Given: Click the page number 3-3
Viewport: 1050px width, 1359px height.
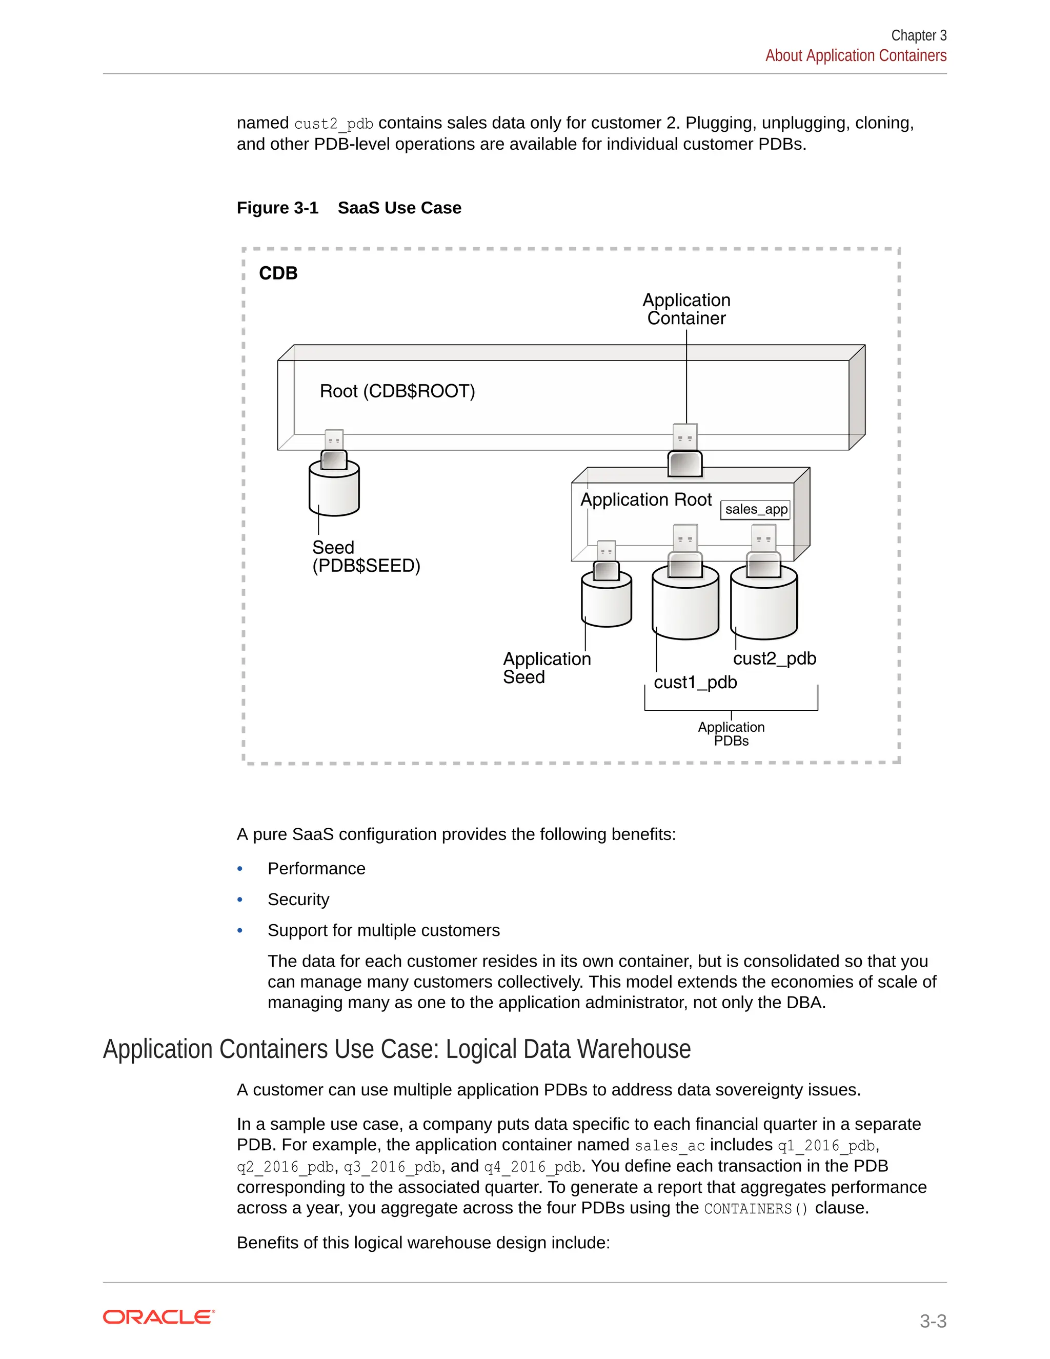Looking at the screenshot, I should (933, 1321).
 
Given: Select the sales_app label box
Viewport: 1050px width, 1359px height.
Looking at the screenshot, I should (756, 510).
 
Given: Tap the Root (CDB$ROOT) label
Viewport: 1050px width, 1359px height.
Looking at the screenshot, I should (397, 391).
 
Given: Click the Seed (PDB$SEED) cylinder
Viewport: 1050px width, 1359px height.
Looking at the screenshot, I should (334, 490).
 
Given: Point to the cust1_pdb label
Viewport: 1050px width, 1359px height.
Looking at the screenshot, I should (695, 683).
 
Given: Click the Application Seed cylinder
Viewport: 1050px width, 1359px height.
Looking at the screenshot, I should (606, 600).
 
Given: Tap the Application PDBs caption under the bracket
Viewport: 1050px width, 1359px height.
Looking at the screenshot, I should (731, 734).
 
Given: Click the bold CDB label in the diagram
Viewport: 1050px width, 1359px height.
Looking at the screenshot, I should (278, 273).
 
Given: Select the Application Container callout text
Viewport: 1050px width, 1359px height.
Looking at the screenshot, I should (686, 309).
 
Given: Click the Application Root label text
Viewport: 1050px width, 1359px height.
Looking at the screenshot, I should (645, 499).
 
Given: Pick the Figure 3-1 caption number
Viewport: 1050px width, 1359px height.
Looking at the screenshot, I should (277, 208).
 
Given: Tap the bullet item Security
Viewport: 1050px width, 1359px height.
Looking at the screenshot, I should (298, 900).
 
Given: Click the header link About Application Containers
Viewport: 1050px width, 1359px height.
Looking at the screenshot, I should (855, 56).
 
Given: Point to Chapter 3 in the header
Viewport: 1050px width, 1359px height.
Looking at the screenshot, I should (918, 35).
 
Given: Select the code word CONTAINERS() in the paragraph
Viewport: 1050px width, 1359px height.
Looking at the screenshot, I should (756, 1208).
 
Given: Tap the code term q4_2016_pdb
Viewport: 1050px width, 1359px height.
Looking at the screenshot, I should (533, 1167).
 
